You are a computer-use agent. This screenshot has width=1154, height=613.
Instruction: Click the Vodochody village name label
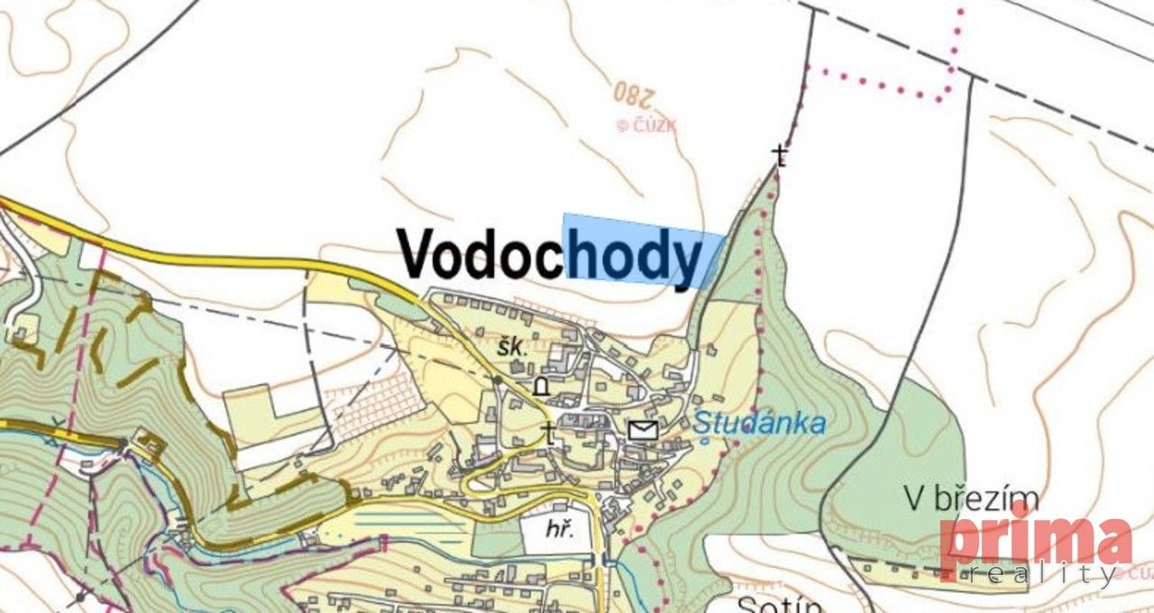[550, 254]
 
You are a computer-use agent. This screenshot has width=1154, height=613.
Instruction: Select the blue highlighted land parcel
[642, 250]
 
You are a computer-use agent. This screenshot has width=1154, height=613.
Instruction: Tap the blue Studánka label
[760, 423]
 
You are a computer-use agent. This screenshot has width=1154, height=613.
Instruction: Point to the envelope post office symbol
[642, 430]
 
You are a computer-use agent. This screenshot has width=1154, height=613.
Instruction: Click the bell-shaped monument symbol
[541, 387]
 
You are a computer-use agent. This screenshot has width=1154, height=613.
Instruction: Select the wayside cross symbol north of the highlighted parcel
[782, 156]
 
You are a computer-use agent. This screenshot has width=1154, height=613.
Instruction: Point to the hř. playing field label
[559, 532]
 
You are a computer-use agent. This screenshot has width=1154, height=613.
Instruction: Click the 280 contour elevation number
[635, 92]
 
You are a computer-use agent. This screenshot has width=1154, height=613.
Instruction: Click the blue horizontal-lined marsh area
[410, 526]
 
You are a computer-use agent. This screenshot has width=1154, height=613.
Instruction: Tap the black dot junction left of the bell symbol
[498, 380]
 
